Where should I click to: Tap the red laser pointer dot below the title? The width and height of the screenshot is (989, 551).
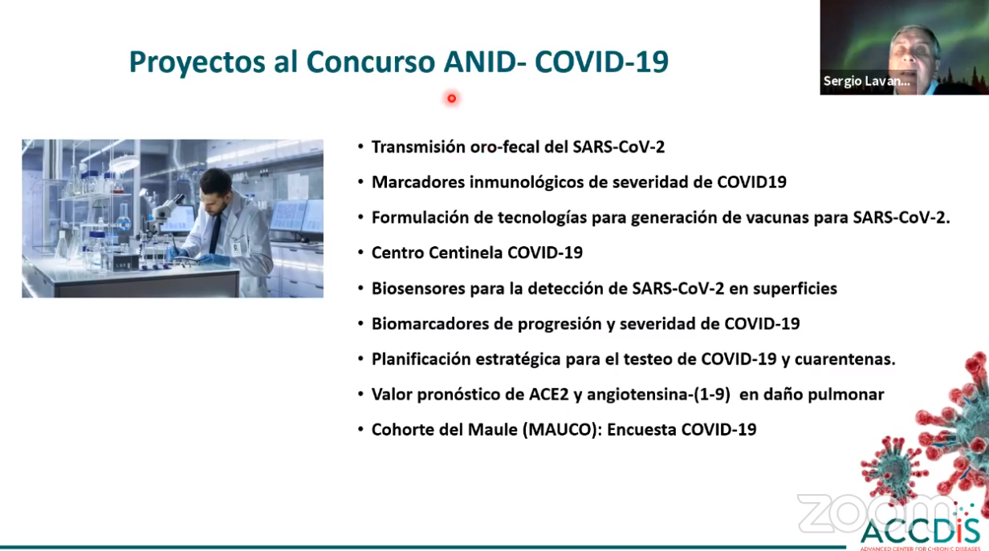pyautogui.click(x=451, y=99)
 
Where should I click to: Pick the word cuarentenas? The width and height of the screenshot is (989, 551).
pyautogui.click(x=845, y=359)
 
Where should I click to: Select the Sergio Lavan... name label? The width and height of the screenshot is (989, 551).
pyautogui.click(x=866, y=81)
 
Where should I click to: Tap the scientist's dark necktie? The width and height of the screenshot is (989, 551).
pyautogui.click(x=215, y=234)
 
